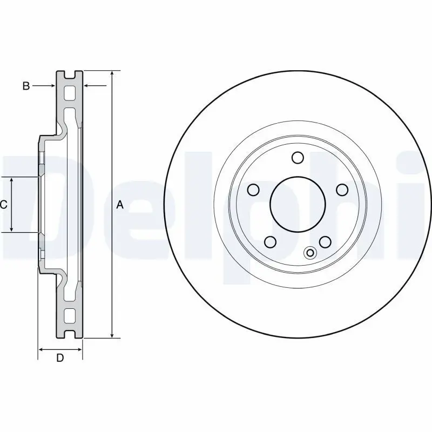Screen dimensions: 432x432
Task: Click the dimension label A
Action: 120,205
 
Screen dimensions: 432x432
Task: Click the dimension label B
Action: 26,86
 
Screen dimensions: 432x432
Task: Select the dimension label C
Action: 3,205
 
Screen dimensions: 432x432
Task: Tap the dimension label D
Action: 60,358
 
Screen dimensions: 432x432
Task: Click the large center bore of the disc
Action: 298,204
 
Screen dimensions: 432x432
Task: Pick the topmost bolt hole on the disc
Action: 298,158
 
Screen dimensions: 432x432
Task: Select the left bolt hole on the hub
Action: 253,190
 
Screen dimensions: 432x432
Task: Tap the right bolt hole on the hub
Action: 342,190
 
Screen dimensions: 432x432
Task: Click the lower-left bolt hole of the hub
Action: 271,242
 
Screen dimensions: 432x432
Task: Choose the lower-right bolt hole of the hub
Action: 325,242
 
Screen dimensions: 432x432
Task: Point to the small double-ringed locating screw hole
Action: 310,253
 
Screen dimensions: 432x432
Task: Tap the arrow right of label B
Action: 95,86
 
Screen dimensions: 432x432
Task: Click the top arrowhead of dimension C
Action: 11,180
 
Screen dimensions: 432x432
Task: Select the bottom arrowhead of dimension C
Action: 11,228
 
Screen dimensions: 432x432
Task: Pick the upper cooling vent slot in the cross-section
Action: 70,92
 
